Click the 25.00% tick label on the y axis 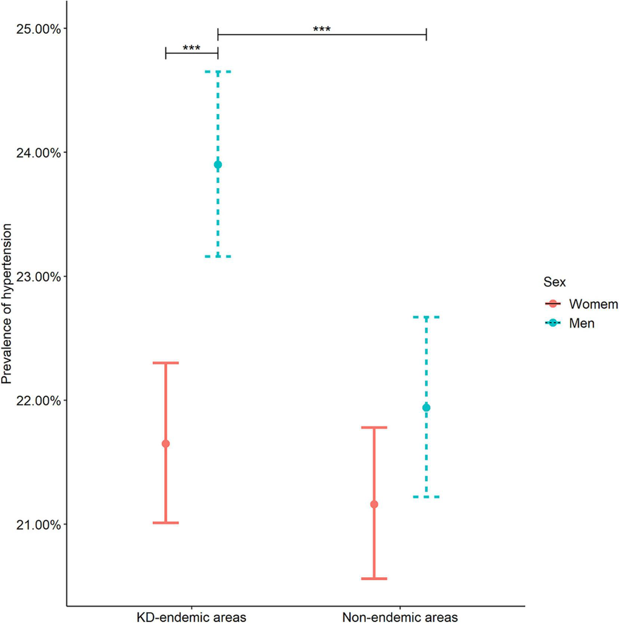tap(38, 29)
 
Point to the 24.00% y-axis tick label tap(38, 153)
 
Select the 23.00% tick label tap(38, 277)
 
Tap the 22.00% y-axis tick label tap(38, 400)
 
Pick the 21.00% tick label tap(38, 525)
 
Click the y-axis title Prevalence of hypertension tap(7, 304)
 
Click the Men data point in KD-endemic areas tap(218, 165)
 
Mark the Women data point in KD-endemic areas tap(166, 444)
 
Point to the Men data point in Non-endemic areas tap(426, 408)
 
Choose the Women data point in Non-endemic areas tap(374, 504)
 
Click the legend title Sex tap(554, 282)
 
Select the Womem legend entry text tap(593, 304)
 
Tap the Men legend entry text tap(582, 323)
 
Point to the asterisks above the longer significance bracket tap(322, 29)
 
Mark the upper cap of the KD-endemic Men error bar tap(218, 71)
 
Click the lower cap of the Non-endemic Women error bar tap(374, 578)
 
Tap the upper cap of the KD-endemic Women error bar tap(166, 363)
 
